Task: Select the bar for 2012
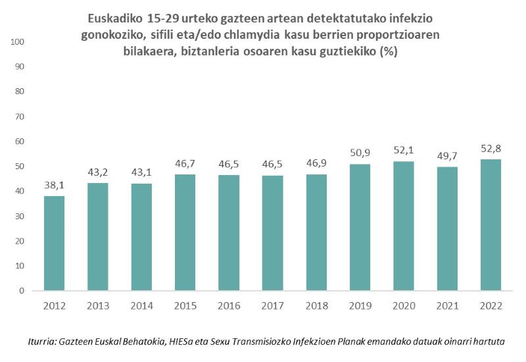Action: (54, 243)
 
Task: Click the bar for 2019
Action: (359, 227)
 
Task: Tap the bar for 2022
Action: (490, 224)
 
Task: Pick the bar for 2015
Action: (185, 232)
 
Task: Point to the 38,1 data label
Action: (54, 185)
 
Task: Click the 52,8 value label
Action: (490, 148)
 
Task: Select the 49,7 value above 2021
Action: (446, 156)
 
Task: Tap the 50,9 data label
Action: (359, 153)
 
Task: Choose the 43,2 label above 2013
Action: (97, 172)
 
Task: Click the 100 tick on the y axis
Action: (17, 42)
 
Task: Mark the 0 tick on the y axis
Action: (22, 290)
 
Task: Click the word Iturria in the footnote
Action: (42, 342)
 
